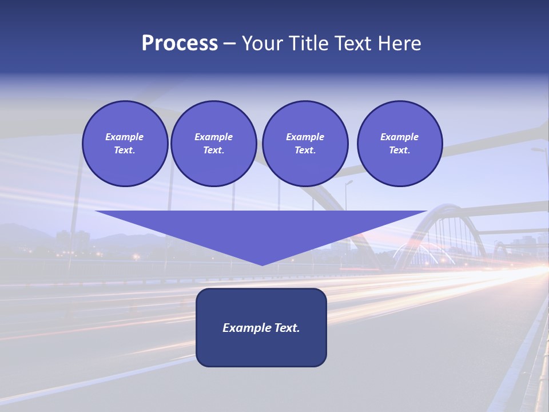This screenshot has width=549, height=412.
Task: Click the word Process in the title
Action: click(180, 43)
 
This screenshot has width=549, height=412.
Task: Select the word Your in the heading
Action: click(262, 43)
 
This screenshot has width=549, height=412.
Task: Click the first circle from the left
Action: click(125, 144)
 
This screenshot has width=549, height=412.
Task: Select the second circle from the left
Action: click(214, 144)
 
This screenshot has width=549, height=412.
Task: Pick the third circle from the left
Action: click(305, 144)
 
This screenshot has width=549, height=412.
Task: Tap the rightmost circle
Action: click(400, 144)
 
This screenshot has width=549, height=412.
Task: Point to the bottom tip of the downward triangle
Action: click(262, 264)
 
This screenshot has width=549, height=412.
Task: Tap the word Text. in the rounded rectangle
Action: click(287, 328)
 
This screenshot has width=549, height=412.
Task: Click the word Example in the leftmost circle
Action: click(125, 137)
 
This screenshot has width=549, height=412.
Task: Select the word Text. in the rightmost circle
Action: click(400, 150)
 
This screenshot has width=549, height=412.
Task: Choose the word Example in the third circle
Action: click(305, 137)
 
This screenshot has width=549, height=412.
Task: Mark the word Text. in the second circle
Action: click(214, 150)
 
